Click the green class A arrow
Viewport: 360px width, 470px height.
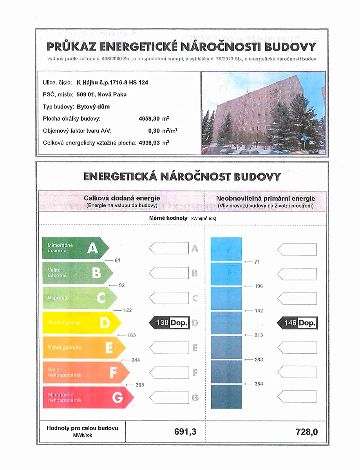click(x=74, y=248)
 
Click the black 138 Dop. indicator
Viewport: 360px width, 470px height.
click(x=169, y=323)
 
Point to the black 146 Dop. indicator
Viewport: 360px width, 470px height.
click(x=297, y=323)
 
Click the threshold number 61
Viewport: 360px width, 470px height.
click(x=117, y=260)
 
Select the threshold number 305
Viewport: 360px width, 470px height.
click(x=139, y=385)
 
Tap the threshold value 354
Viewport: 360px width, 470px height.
click(x=259, y=384)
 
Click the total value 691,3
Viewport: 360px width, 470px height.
click(x=185, y=432)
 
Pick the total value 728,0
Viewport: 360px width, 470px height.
click(x=307, y=432)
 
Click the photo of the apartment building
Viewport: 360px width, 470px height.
click(x=263, y=113)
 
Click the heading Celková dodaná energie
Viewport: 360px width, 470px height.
click(x=122, y=198)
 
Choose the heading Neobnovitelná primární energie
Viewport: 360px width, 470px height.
click(x=266, y=198)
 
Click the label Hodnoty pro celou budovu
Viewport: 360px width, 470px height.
click(x=82, y=428)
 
